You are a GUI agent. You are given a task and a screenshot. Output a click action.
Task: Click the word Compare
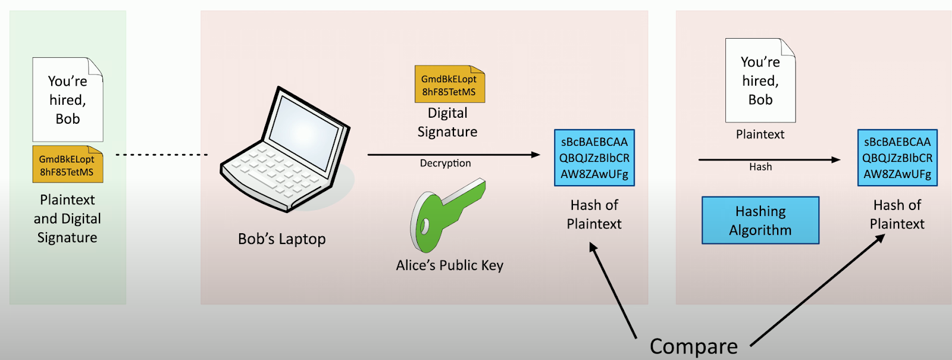694,346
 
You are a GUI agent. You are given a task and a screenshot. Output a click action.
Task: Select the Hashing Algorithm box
760,220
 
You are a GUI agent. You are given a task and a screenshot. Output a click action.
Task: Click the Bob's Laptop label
282,239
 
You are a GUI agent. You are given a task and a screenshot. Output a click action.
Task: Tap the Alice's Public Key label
450,265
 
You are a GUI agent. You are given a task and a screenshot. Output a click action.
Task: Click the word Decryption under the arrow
446,163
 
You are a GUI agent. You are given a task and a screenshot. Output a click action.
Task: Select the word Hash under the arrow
760,167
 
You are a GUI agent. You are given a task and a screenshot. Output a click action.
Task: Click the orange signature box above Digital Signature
450,84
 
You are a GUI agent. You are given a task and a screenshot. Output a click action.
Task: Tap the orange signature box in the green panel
68,164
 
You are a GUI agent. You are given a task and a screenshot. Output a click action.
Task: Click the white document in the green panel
68,99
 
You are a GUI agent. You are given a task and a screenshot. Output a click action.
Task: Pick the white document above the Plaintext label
760,80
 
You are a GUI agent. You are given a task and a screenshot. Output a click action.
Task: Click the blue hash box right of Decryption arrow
594,158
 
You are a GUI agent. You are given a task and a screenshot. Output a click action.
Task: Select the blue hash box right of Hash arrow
897,158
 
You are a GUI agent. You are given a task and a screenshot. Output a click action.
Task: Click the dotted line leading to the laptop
161,155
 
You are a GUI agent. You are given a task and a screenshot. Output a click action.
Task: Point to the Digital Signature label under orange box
447,123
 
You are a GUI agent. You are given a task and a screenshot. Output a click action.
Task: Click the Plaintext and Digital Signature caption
67,218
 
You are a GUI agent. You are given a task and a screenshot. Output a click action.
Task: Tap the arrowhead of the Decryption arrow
536,155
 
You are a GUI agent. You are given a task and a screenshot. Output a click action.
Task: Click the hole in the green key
424,227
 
